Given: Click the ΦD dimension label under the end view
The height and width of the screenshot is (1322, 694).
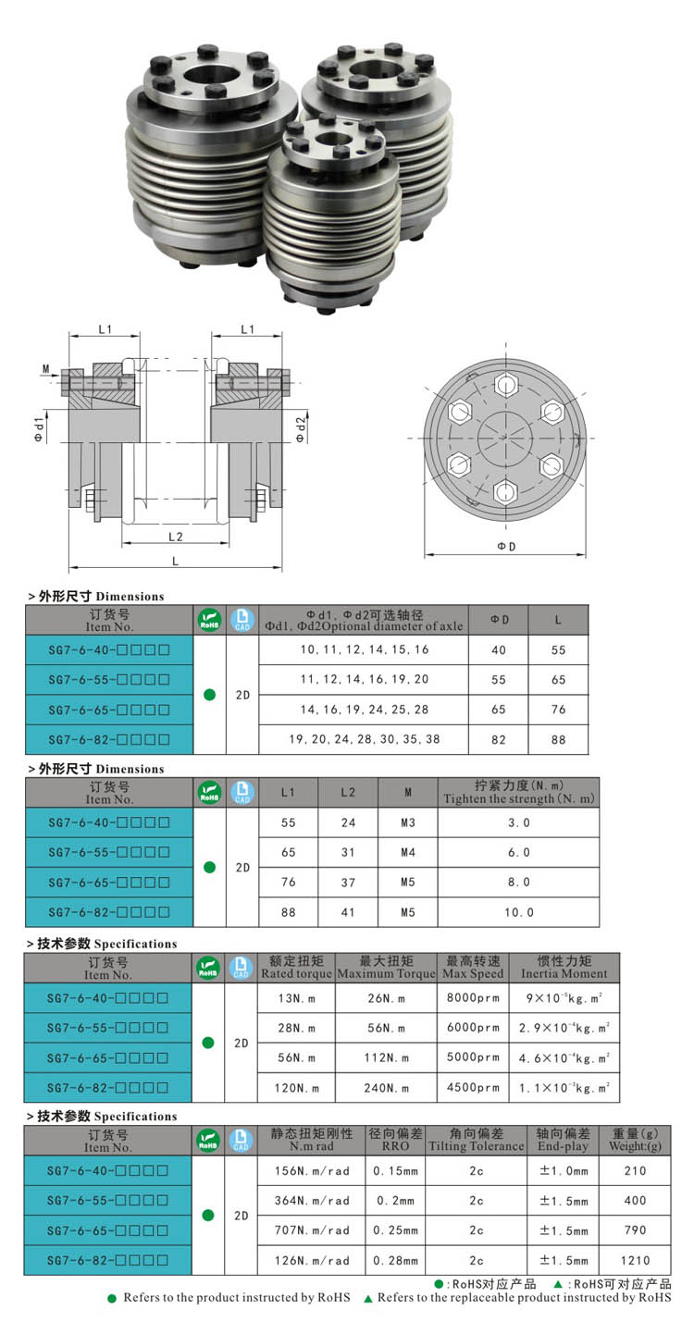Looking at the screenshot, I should (x=506, y=547).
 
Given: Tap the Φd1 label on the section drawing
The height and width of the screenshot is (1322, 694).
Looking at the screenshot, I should (x=40, y=428).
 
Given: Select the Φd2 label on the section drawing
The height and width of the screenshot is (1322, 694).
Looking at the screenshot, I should (x=301, y=428).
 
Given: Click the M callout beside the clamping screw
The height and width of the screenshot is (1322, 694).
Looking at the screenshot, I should (x=45, y=368).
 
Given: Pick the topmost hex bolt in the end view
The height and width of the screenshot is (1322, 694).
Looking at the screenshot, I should (x=505, y=384).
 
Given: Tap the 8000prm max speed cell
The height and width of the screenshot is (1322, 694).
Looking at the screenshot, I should (x=472, y=997).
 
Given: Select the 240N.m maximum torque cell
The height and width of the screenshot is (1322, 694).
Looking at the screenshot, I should (x=386, y=1088).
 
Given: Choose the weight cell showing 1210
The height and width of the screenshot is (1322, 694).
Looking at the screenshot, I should (x=636, y=1260).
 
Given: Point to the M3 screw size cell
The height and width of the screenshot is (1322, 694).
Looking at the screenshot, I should (x=408, y=822).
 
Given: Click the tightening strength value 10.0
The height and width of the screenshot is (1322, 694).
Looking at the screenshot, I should (x=518, y=912).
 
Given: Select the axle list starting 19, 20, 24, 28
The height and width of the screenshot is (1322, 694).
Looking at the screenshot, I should (x=365, y=740).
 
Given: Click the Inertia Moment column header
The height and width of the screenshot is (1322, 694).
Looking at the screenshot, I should (x=564, y=967).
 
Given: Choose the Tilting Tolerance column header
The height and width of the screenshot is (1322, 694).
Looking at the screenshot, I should (x=476, y=1140).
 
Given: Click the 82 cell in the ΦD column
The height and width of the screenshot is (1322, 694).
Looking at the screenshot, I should (x=499, y=740).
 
